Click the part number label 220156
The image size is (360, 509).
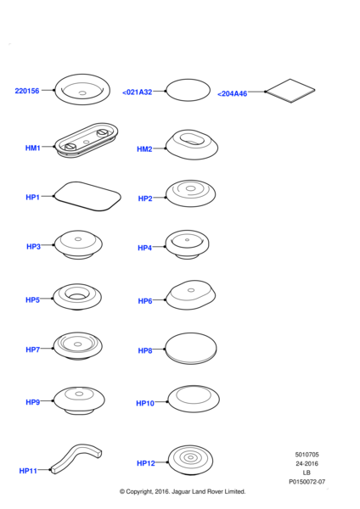[27, 91]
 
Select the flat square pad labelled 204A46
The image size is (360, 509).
[290, 91]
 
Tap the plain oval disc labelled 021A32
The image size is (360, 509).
[188, 90]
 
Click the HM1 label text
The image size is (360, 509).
[33, 148]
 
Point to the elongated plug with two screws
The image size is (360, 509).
[86, 140]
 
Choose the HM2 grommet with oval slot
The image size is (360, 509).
[192, 145]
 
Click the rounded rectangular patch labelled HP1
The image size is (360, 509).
[87, 196]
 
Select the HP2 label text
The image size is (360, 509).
[145, 199]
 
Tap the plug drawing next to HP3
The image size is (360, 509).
[78, 245]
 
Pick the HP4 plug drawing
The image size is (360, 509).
[187, 244]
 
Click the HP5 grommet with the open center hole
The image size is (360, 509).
[77, 297]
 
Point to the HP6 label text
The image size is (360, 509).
[145, 301]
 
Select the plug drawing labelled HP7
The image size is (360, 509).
[78, 346]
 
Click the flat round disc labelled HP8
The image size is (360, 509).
[191, 348]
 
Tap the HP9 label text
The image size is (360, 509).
[33, 402]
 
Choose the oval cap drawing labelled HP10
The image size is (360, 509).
[194, 399]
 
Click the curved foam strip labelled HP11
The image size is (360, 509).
[76, 458]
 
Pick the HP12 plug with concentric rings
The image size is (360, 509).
[190, 460]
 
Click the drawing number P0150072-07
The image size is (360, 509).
[307, 482]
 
